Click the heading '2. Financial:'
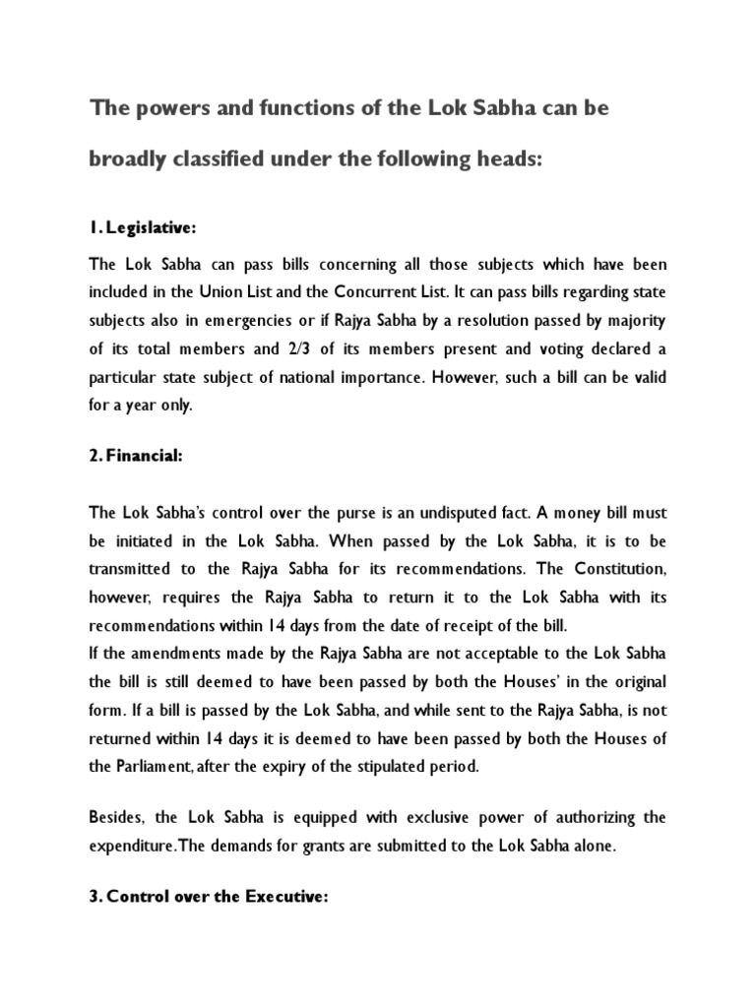tap(138, 456)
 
